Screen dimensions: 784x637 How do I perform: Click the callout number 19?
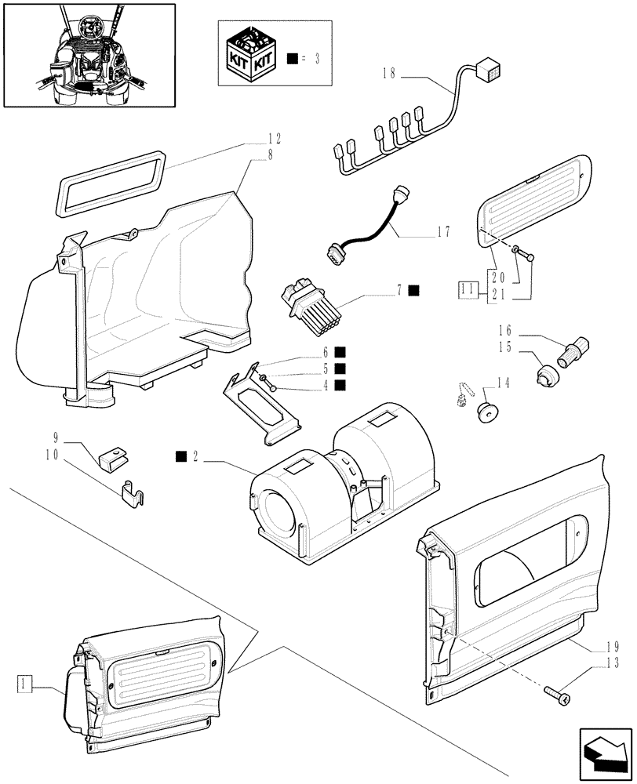613,647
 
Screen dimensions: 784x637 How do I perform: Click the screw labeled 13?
556,692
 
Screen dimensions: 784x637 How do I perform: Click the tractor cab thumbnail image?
89,54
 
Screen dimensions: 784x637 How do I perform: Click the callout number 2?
194,456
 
